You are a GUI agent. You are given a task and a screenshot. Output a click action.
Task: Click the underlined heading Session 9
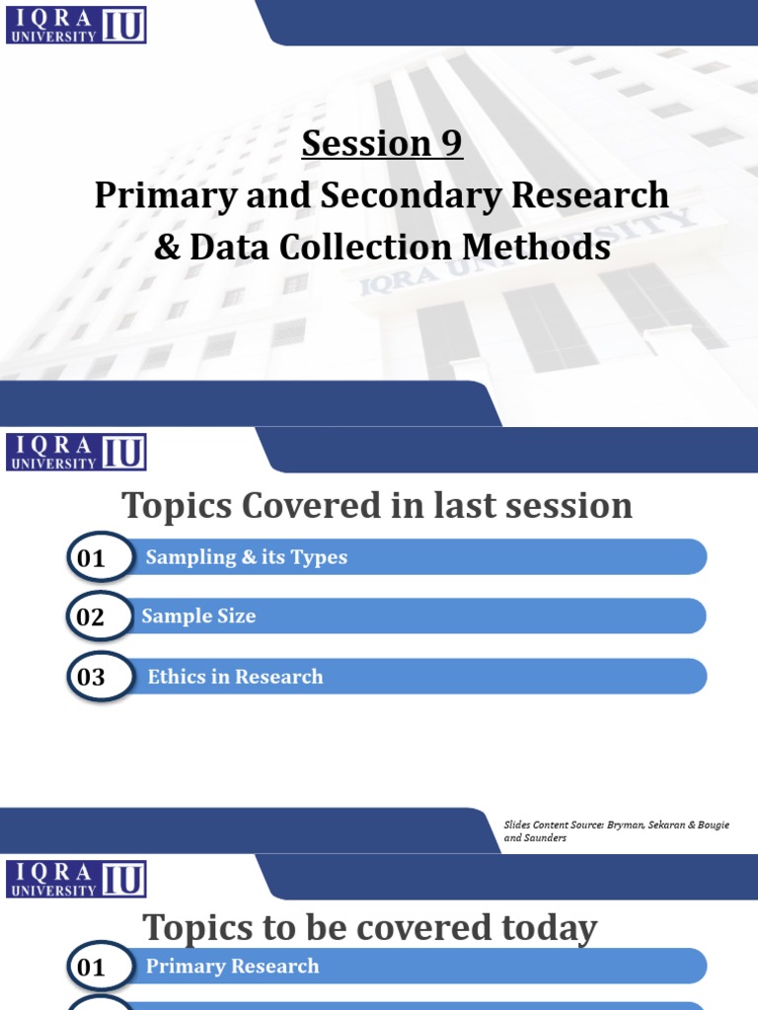pos(382,144)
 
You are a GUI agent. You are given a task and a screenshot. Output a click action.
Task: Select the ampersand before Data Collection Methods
pos(165,247)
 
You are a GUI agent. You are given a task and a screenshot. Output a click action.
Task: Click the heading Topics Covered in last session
pos(377,506)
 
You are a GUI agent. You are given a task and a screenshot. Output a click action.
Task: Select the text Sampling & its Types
pos(247,557)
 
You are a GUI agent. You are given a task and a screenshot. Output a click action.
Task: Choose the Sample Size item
pos(198,616)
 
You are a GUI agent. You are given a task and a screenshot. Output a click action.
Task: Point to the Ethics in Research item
pos(235,677)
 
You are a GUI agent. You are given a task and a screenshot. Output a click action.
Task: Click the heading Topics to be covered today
pos(370,928)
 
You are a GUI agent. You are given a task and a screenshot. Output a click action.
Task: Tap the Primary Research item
pos(232,967)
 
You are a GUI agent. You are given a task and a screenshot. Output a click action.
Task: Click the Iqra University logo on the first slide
pos(77,24)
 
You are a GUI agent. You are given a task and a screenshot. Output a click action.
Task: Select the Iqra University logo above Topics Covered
pos(77,451)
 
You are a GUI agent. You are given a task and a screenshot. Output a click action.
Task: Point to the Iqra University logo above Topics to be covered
pos(77,879)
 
